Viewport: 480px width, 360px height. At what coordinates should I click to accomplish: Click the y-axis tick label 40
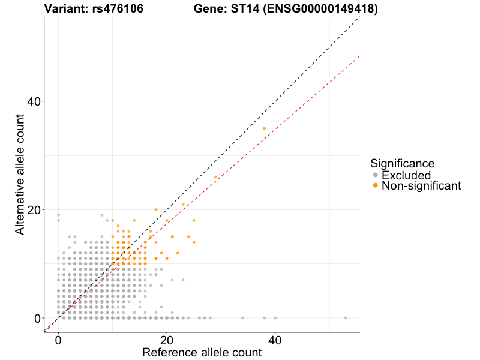coord(33,101)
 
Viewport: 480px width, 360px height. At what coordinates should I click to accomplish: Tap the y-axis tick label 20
coord(33,209)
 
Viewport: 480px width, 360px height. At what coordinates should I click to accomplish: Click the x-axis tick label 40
coord(275,339)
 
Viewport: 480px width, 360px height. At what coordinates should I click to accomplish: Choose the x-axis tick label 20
coord(167,339)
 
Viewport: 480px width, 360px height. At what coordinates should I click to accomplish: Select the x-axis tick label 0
coord(58,339)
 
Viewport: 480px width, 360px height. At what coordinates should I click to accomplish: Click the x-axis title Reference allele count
coord(202,352)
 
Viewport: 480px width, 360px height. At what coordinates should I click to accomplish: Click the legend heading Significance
coord(402,163)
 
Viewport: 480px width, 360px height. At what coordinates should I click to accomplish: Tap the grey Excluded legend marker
coord(375,175)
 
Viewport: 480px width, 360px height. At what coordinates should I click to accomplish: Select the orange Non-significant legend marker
coord(375,186)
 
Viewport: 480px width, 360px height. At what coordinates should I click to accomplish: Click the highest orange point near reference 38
coord(264,128)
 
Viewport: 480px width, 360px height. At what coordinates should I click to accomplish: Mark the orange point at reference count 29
coord(215,177)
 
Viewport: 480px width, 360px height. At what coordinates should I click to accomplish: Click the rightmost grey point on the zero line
coord(346,318)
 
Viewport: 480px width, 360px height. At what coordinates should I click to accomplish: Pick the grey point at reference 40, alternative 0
coord(275,318)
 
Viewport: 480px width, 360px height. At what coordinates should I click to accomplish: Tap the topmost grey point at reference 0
coord(58,215)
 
